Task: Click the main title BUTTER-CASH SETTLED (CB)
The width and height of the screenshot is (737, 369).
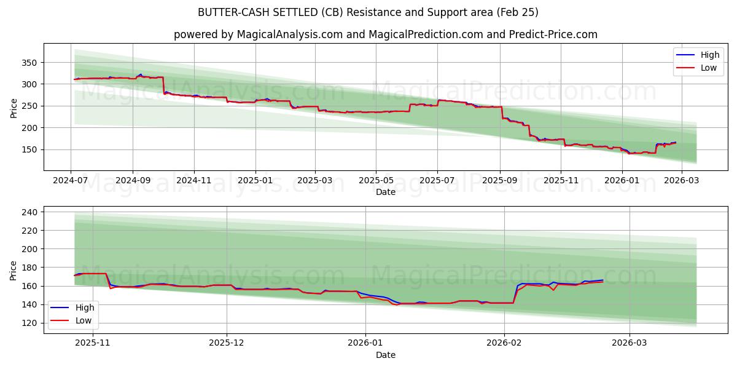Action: (368, 12)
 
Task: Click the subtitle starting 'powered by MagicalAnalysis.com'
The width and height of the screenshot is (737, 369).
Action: (385, 34)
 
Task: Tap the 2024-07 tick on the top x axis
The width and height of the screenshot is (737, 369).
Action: (71, 181)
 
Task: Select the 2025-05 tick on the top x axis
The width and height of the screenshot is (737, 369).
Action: (376, 181)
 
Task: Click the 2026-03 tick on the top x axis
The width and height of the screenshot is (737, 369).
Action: (682, 181)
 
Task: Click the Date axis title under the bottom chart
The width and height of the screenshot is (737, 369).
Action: (385, 355)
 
